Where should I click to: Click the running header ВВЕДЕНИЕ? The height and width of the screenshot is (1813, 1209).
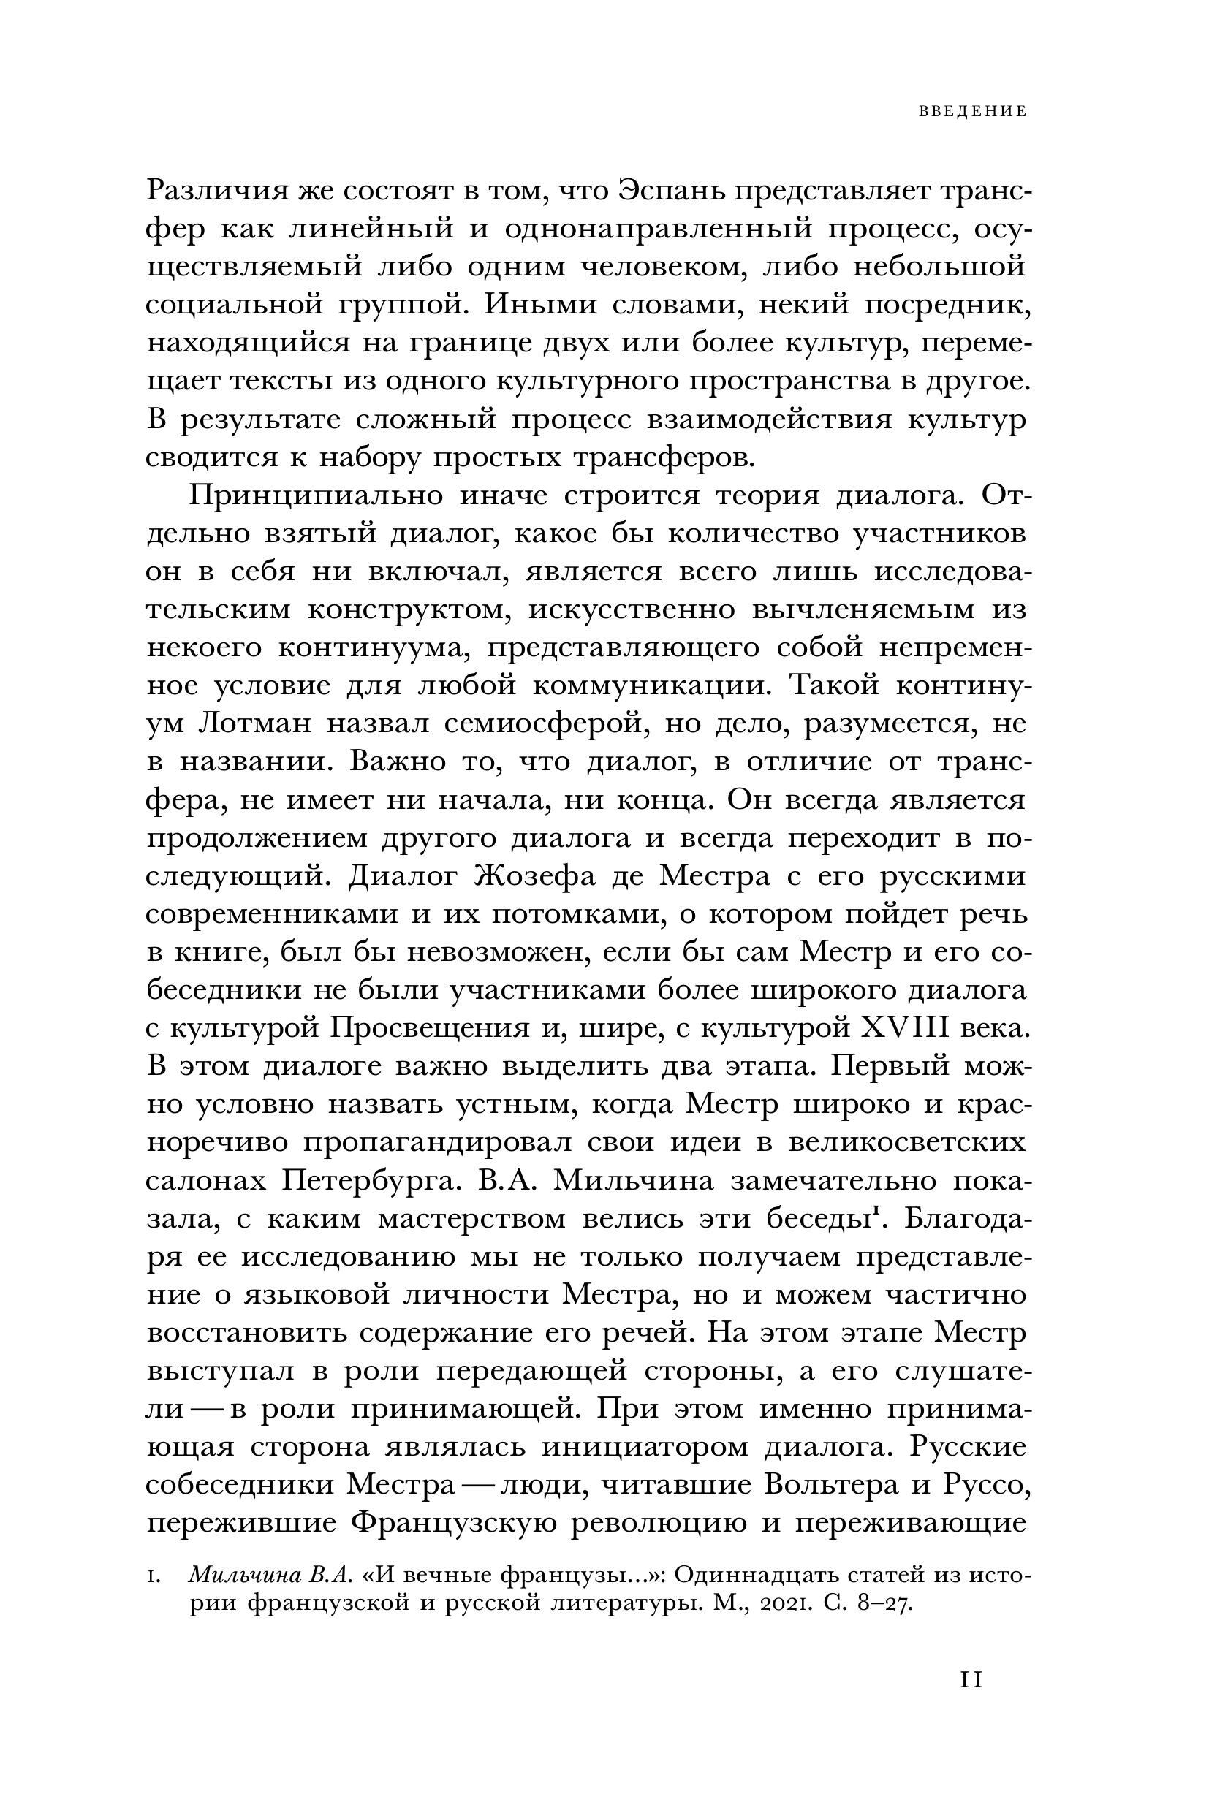(x=973, y=111)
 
